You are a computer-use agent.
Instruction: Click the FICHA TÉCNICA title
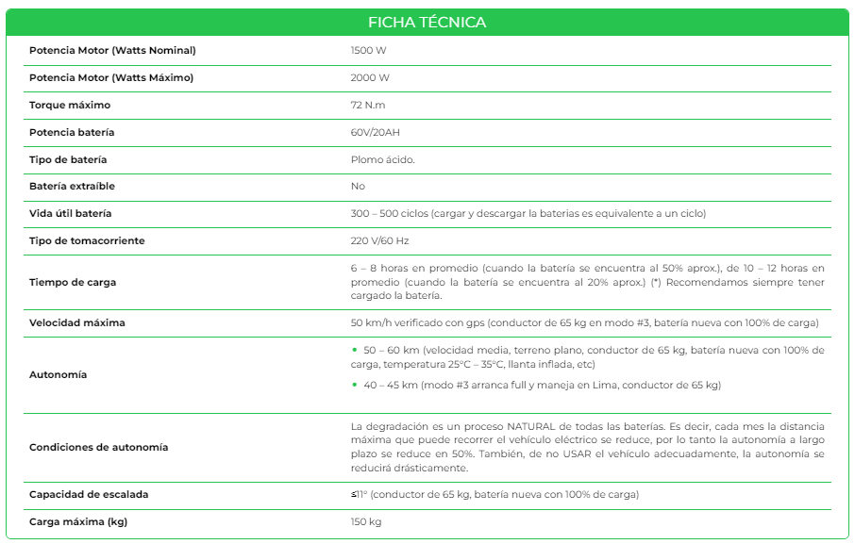tap(427, 22)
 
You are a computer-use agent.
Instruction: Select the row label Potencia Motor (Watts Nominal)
tap(112, 50)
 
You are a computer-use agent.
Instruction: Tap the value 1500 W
tap(367, 50)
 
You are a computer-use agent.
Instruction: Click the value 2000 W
tap(370, 77)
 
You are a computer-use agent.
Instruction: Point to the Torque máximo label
tap(70, 105)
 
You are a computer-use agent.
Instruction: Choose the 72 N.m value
tap(368, 105)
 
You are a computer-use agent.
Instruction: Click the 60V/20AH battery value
tap(376, 132)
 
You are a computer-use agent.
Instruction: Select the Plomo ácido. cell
tap(382, 159)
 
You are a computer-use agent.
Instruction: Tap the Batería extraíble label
tap(72, 186)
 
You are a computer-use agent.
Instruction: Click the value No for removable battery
tap(358, 186)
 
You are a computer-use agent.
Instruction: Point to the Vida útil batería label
tap(71, 213)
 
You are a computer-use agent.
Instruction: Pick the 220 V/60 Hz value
tap(379, 240)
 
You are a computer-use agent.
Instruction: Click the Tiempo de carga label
tap(74, 282)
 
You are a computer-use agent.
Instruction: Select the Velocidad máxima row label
tap(77, 322)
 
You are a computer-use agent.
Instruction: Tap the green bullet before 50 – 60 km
tap(355, 350)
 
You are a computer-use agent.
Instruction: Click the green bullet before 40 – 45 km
tap(355, 385)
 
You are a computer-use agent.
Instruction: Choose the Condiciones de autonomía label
tap(99, 447)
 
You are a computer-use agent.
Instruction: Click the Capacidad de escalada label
tap(89, 494)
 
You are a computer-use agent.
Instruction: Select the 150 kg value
tap(366, 521)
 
